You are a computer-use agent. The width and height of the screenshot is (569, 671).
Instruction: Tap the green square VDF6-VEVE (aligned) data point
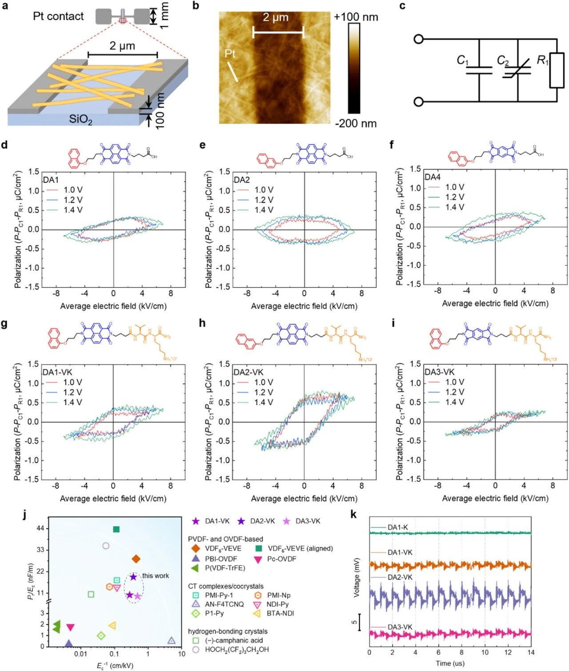pos(116,529)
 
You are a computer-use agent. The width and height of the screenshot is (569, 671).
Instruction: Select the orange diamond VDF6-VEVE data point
pos(136,559)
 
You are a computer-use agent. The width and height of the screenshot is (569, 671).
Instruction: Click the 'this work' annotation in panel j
pos(156,576)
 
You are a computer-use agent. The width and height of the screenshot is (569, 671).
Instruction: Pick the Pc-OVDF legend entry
pos(281,559)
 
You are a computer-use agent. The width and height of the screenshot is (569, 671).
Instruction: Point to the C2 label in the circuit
pos(503,60)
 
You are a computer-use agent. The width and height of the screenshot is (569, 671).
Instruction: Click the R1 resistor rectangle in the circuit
pos(557,71)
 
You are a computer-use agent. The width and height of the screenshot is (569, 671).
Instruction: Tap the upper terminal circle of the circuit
pos(418,39)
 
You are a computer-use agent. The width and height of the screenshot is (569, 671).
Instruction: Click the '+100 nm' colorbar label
pos(356,17)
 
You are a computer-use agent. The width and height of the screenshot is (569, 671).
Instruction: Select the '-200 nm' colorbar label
pos(356,124)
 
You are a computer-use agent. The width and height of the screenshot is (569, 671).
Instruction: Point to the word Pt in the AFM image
pos(230,54)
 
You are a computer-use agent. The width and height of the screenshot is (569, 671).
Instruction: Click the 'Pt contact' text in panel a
pos(58,16)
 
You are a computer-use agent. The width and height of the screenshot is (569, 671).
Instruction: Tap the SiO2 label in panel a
pos(80,119)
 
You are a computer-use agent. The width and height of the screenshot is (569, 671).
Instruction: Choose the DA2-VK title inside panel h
pos(248,372)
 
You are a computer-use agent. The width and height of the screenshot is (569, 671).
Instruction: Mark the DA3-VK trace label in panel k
pos(400,627)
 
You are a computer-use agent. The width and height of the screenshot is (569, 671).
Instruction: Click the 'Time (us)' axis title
pos(450,663)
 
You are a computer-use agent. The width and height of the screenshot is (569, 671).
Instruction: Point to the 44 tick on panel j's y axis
pos(40,528)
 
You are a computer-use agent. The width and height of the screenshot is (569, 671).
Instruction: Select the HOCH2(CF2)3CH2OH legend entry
pos(237,650)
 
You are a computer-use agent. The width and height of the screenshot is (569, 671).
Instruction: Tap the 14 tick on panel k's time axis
pos(531,652)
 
